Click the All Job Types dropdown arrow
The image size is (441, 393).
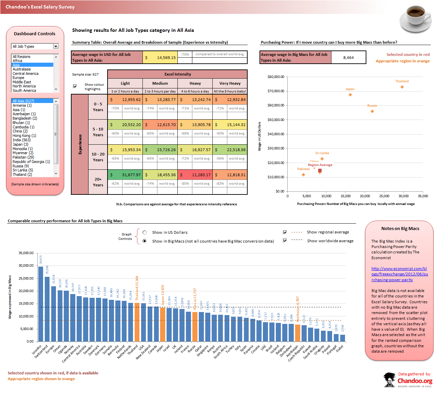(56, 46)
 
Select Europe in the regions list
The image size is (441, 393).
(18, 78)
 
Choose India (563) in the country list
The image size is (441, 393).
(21, 140)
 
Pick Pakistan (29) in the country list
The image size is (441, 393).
(23, 157)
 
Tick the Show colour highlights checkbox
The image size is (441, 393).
(75, 86)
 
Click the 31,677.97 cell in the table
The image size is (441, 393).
(125, 175)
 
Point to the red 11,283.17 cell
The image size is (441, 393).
(195, 175)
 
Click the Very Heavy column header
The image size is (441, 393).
(230, 83)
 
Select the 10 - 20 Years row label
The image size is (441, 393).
(98, 157)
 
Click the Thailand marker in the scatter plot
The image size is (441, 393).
(402, 87)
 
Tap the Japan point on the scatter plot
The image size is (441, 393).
(350, 95)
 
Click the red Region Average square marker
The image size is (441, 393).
(320, 170)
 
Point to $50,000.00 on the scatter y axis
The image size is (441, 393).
(276, 120)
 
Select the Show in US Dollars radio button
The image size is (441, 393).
(145, 232)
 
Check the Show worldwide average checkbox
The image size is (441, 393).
(285, 241)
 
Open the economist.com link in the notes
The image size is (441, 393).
(399, 274)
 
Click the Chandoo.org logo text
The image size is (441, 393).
(415, 381)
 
